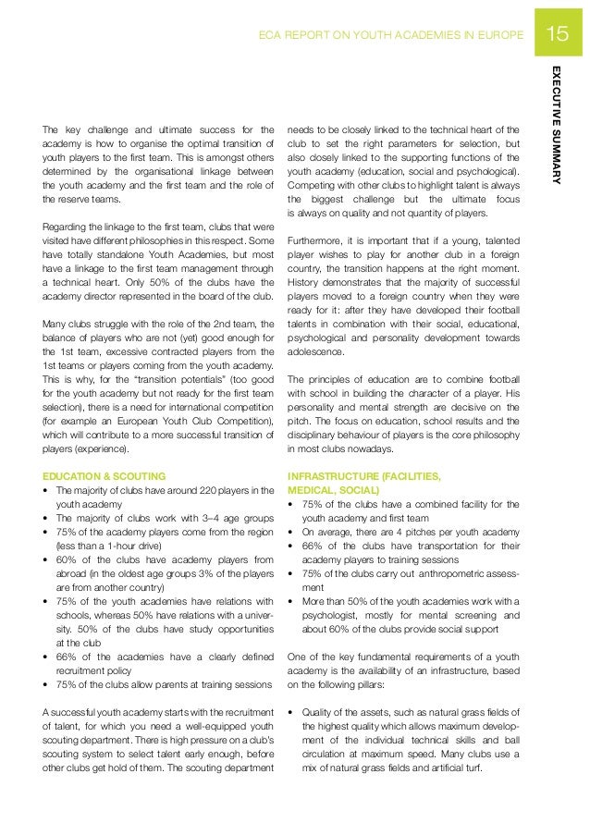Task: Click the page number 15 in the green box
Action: click(558, 34)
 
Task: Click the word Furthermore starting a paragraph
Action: click(319, 240)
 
